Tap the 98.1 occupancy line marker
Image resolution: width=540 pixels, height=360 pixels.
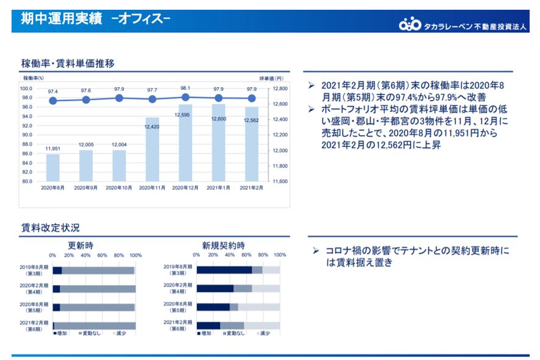(x=185, y=97)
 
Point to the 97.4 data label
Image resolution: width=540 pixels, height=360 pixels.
(x=53, y=91)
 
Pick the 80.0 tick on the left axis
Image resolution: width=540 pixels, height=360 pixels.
(x=26, y=181)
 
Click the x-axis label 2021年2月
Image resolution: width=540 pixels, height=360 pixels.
(x=251, y=188)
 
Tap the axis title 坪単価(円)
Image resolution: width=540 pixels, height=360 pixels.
(x=271, y=78)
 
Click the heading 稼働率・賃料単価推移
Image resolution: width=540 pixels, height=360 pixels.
(x=68, y=63)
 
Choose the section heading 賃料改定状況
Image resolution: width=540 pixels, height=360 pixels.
(x=50, y=228)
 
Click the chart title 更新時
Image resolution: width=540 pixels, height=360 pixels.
(x=80, y=245)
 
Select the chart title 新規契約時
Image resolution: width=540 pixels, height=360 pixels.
(x=224, y=245)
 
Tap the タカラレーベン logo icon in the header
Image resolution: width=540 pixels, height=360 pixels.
(x=410, y=25)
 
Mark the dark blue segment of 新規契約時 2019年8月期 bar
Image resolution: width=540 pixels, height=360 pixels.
(x=224, y=270)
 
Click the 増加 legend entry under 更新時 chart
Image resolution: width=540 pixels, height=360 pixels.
(x=61, y=333)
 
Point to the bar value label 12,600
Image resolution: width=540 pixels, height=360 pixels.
(x=218, y=119)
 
